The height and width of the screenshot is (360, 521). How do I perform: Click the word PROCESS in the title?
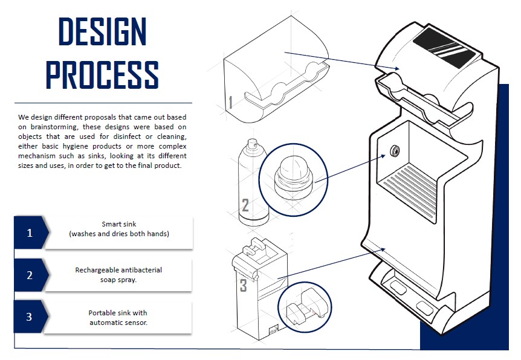[x=102, y=75]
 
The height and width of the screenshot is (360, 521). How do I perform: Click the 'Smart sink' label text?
[x=118, y=224]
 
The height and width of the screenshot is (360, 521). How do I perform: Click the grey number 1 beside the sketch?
[x=230, y=102]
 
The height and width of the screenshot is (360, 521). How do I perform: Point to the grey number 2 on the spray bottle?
[x=245, y=205]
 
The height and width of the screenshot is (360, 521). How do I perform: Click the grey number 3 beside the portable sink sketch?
[x=244, y=285]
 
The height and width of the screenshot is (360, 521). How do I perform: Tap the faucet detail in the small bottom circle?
[x=306, y=307]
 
